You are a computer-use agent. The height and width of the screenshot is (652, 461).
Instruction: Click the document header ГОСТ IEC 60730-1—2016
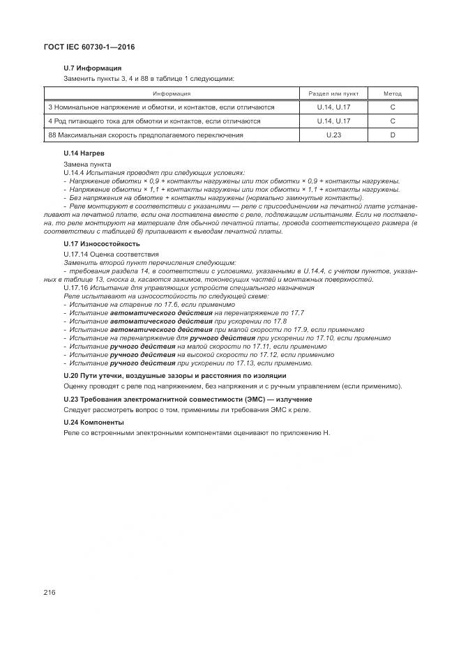click(89, 47)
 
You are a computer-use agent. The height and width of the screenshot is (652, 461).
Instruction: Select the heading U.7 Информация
click(92, 68)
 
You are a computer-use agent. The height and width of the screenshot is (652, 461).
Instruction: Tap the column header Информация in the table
click(172, 93)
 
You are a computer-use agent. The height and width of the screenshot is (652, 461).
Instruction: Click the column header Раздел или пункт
click(333, 93)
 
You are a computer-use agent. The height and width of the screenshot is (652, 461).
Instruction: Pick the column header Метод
click(393, 93)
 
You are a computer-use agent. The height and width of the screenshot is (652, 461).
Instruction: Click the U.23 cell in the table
click(333, 135)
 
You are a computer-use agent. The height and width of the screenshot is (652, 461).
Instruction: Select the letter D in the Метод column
click(393, 135)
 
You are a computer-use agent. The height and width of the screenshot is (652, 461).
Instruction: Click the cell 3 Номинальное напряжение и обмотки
click(161, 107)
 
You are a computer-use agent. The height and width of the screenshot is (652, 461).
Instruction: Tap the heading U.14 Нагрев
click(84, 152)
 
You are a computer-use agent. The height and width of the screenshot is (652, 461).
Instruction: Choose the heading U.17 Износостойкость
click(101, 244)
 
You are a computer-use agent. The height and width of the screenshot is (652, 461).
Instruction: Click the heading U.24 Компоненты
click(93, 422)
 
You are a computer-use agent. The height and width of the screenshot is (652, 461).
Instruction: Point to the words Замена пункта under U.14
click(82, 163)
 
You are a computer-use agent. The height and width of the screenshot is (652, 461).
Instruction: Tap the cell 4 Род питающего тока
click(153, 121)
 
